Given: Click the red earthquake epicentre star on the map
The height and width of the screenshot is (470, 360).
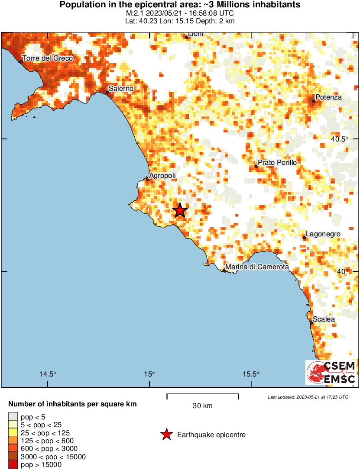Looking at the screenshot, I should (x=180, y=210).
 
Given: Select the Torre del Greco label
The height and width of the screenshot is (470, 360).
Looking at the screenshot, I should (x=48, y=58).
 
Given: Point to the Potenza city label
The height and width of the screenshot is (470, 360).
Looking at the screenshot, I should (x=328, y=97).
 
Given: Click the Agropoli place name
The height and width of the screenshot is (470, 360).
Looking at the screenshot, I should (x=162, y=176).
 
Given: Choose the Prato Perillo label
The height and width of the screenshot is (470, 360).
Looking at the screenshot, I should (x=277, y=162).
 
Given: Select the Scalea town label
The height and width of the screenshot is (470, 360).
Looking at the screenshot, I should (x=324, y=319).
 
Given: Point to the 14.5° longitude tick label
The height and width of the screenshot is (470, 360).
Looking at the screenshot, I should (x=48, y=374).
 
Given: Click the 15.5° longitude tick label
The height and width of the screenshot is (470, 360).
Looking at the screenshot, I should (x=252, y=374).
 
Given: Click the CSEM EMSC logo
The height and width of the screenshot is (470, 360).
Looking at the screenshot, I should (x=331, y=372).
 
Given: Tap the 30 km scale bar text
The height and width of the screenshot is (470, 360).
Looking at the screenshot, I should (x=202, y=406).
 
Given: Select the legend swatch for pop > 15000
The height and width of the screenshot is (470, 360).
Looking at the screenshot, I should (x=13, y=464).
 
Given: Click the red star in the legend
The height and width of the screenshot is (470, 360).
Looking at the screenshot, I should (x=166, y=435).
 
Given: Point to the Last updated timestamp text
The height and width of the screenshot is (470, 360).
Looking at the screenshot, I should (x=308, y=397).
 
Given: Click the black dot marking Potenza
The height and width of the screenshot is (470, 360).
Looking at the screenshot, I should (x=314, y=101).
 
